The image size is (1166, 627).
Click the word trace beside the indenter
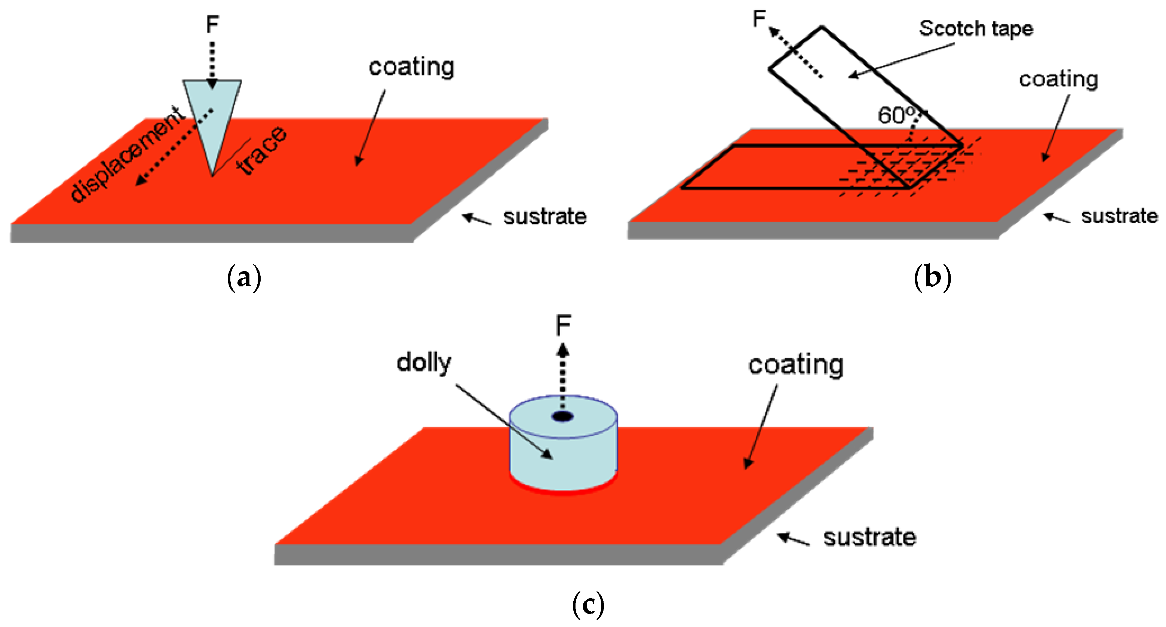click(x=261, y=150)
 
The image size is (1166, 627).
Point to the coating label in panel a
click(x=411, y=67)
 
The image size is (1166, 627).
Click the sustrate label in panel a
click(x=544, y=216)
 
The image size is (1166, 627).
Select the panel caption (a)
click(x=244, y=277)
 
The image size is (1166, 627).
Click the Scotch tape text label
click(x=976, y=28)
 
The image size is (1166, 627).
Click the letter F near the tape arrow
click(x=759, y=19)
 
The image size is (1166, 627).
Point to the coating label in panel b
click(x=1058, y=79)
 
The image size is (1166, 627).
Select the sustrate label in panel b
click(x=1119, y=216)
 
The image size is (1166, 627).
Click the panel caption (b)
click(x=932, y=277)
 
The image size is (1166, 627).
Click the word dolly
click(x=424, y=363)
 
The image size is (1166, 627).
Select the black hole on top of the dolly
click(x=563, y=417)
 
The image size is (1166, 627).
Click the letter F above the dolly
click(x=563, y=325)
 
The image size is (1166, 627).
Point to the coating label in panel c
click(x=795, y=365)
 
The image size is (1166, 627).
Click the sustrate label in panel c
click(x=869, y=537)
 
